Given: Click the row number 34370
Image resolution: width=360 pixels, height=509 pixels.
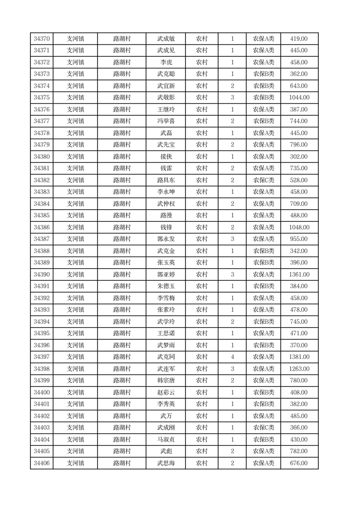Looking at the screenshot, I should coord(41,39).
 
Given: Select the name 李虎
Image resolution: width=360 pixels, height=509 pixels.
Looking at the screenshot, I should coord(166,63).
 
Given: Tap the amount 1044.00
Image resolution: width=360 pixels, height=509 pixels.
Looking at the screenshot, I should coord(299,98).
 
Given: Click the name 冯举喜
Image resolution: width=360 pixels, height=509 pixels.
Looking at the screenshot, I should coord(166,121).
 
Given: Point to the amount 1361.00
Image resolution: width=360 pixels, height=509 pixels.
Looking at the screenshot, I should coord(299,274).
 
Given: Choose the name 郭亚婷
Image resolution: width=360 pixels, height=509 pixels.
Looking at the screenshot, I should coord(166,274).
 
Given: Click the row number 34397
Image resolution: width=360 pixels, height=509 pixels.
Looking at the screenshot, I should coord(41,357).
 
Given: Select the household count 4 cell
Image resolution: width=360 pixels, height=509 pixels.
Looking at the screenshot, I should coord(232,357).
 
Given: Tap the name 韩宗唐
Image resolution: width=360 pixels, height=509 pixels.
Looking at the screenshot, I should coord(166,381).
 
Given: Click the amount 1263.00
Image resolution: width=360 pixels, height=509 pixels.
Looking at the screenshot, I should coord(299,369).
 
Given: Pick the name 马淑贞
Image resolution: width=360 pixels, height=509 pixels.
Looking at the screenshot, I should coord(166,440).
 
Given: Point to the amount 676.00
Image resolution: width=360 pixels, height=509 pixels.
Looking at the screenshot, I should coord(299,463).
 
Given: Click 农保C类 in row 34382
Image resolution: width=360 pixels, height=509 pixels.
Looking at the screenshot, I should coord(263,180).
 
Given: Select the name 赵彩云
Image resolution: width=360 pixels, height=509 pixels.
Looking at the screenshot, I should coord(166,392).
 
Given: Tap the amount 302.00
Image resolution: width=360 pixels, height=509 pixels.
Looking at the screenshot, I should coord(299,157).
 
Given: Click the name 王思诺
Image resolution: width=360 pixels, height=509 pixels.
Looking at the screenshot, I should coord(166,333).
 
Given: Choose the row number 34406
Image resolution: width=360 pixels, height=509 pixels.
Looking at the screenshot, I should coord(41,463).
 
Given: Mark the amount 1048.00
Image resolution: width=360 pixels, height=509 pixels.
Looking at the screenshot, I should coord(299,227).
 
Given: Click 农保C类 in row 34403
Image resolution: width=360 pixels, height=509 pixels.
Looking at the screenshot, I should coord(263,428).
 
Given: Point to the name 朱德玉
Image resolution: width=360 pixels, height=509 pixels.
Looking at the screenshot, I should coord(166,286).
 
